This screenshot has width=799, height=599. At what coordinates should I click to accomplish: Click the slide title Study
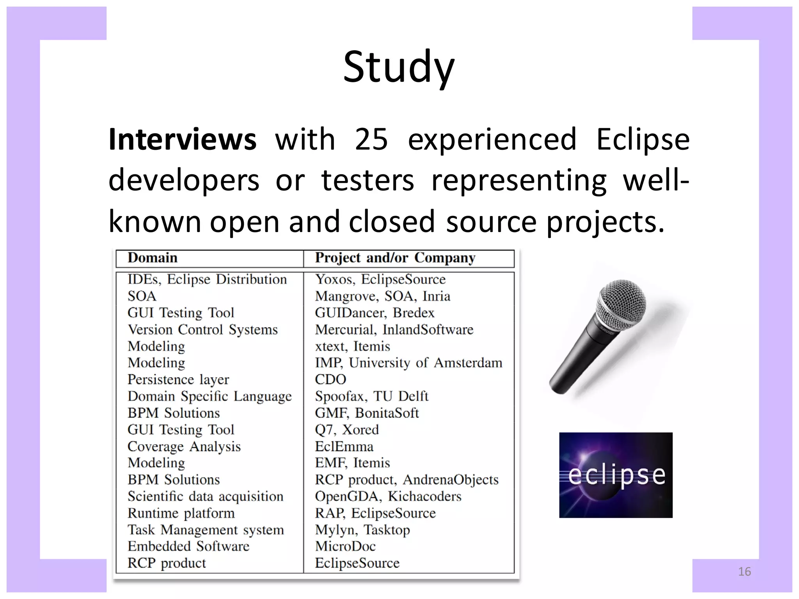(x=399, y=67)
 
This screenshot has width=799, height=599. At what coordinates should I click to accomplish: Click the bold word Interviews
(x=182, y=140)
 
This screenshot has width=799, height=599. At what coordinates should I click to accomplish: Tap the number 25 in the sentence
(x=371, y=140)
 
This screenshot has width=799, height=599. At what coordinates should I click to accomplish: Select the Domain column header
(x=153, y=258)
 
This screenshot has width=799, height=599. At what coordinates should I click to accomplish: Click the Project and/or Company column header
(x=395, y=258)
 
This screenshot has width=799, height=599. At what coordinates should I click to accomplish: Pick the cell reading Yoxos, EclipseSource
(x=380, y=280)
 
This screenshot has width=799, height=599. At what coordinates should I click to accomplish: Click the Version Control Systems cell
(x=202, y=330)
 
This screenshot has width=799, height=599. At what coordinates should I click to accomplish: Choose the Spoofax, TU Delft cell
(x=371, y=397)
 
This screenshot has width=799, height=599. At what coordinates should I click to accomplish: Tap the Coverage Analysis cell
(x=184, y=447)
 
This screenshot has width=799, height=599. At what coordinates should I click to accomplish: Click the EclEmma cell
(x=344, y=447)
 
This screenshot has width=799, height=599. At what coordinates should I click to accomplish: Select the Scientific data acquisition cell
(x=205, y=496)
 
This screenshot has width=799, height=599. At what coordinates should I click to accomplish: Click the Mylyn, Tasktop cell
(x=362, y=530)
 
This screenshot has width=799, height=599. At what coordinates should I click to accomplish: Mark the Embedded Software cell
(x=188, y=546)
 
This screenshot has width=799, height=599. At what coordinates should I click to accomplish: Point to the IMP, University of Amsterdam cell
(x=408, y=363)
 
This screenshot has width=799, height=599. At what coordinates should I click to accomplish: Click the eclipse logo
(x=616, y=475)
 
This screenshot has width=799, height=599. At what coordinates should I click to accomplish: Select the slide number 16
(x=744, y=572)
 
